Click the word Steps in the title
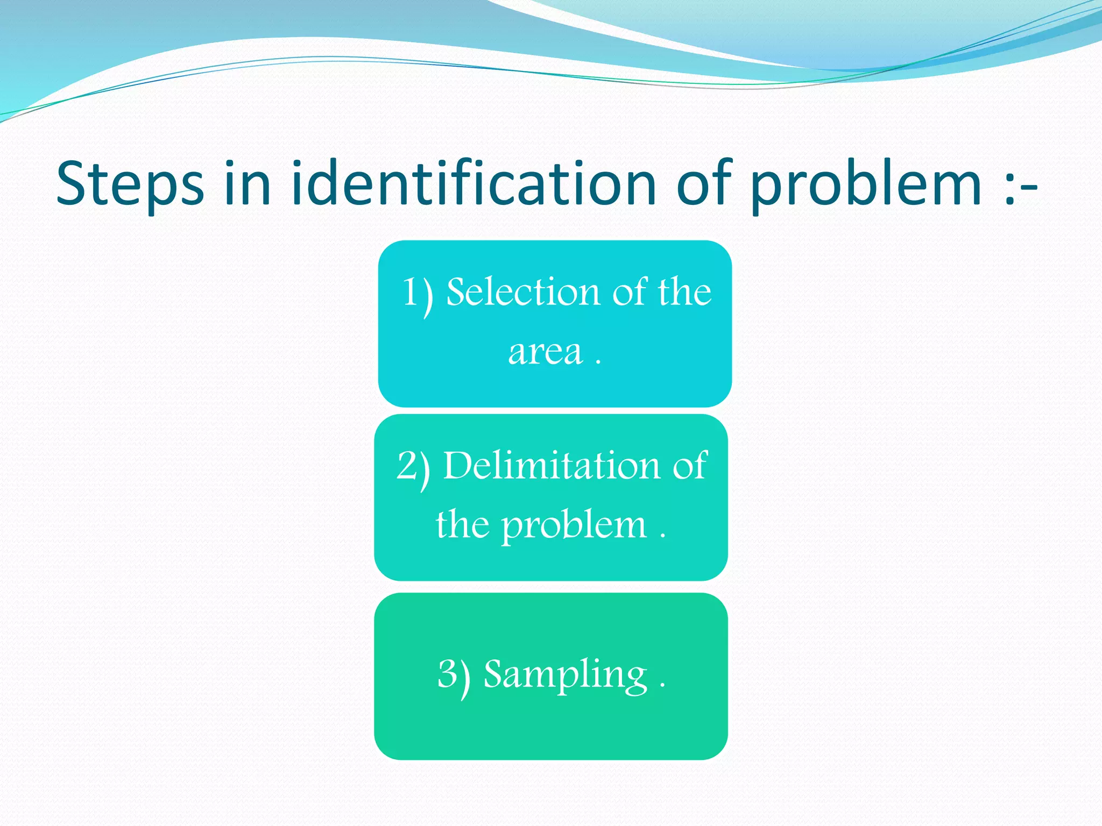pyautogui.click(x=130, y=184)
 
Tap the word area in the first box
pyautogui.click(x=545, y=353)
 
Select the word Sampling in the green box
pyautogui.click(x=565, y=675)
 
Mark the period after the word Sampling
pyautogui.click(x=662, y=686)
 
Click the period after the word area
pyautogui.click(x=598, y=364)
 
